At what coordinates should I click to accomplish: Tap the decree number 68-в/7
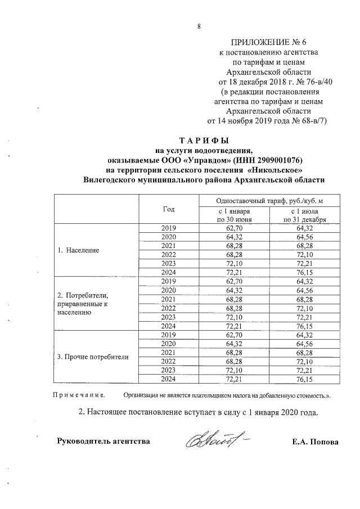(310, 120)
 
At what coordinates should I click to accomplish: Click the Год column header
(169, 209)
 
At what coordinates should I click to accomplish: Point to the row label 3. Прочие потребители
(93, 357)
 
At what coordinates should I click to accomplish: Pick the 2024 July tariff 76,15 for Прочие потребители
(305, 380)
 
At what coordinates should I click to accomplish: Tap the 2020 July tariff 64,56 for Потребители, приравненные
(305, 290)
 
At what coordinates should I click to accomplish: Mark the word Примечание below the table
(76, 395)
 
